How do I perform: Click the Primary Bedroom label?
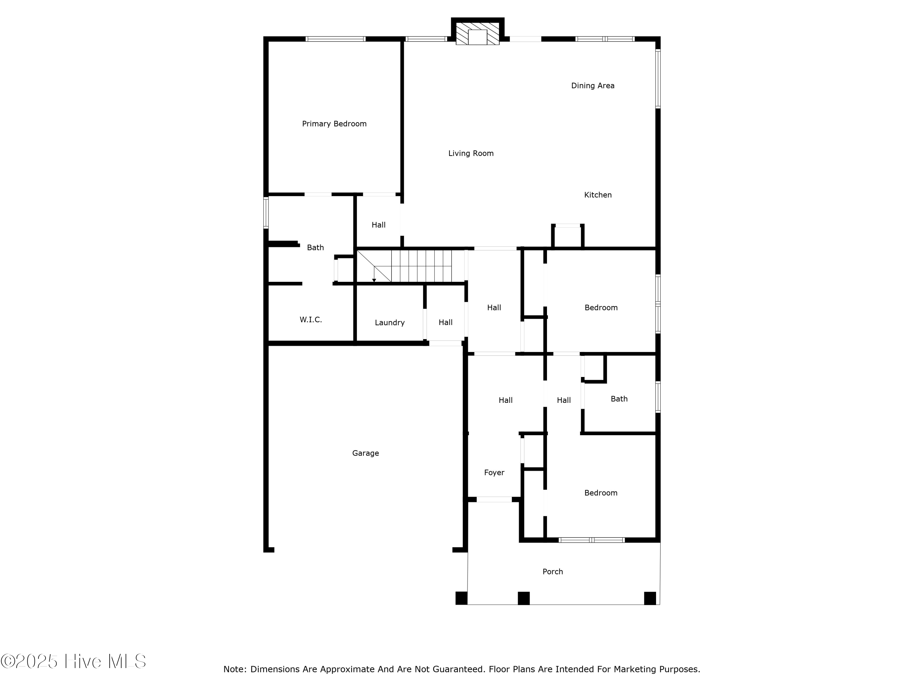(x=334, y=124)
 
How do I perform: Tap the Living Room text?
(x=471, y=153)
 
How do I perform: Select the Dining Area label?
(x=592, y=86)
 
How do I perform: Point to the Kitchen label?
(x=597, y=195)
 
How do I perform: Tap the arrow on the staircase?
(x=374, y=280)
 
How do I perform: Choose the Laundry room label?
(x=389, y=322)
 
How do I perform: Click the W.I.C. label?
(x=310, y=320)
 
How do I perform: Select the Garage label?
(x=365, y=453)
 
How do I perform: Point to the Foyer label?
(x=494, y=472)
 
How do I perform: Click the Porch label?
(x=552, y=571)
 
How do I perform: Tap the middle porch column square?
(x=523, y=598)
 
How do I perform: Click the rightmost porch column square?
(x=650, y=598)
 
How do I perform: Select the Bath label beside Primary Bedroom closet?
(x=315, y=248)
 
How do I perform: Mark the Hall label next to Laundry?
(x=445, y=322)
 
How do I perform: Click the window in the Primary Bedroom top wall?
(x=335, y=39)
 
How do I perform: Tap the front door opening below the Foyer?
(x=494, y=499)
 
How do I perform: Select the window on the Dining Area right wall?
(x=658, y=79)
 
